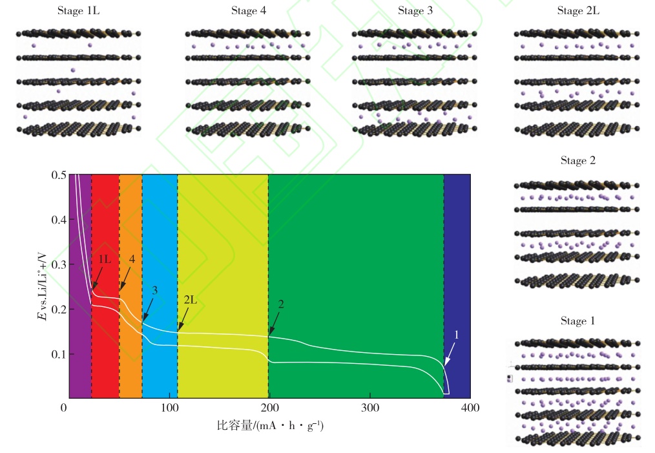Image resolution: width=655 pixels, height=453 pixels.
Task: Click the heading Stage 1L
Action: point(79,11)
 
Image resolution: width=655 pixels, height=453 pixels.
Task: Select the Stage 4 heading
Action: point(248,11)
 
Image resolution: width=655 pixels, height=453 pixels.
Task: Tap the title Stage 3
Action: point(415,11)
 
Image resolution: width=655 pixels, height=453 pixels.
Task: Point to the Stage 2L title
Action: point(576,11)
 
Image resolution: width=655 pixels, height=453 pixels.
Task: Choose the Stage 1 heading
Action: point(577,321)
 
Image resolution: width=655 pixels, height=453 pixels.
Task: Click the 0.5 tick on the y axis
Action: point(58,175)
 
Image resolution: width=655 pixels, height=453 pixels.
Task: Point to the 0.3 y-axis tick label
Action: point(58,265)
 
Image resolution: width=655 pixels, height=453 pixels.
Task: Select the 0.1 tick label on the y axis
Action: point(58,354)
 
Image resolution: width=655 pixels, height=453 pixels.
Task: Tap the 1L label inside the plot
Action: point(104,259)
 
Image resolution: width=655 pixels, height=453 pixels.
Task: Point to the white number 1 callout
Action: point(457,335)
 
